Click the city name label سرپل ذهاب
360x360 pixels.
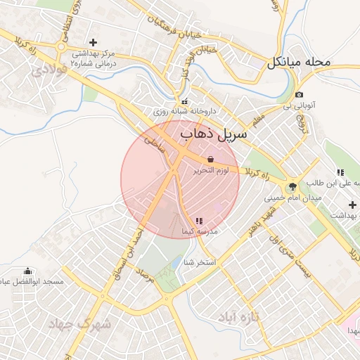click(x=215, y=133)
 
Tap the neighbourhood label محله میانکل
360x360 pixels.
click(x=298, y=63)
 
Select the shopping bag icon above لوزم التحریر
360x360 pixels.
click(x=212, y=159)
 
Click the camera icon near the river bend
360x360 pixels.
click(x=300, y=95)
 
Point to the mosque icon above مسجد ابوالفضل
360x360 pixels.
click(x=28, y=271)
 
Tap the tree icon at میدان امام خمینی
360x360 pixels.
click(x=292, y=186)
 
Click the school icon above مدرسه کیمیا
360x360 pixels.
click(x=199, y=221)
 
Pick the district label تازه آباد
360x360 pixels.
click(x=238, y=316)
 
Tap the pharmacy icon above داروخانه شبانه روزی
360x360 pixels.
click(x=184, y=101)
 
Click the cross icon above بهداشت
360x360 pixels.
click(x=352, y=205)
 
